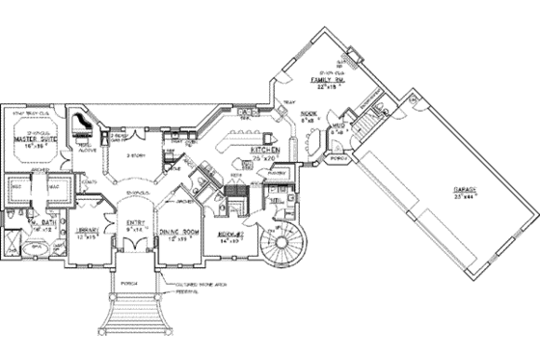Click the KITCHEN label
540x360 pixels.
tap(265, 152)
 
